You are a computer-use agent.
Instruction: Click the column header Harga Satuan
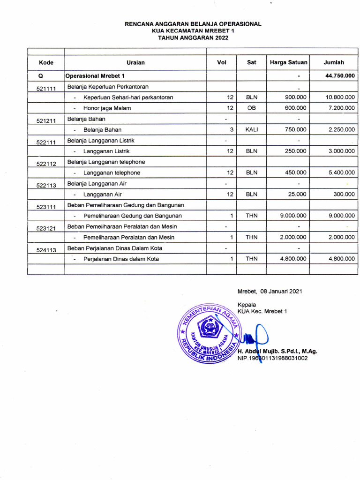[x=288, y=62]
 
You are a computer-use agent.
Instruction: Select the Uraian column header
[x=135, y=62]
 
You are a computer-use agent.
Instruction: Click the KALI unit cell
[x=251, y=130]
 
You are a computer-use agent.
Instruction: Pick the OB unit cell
[x=251, y=108]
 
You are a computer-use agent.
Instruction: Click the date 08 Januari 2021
[x=270, y=291]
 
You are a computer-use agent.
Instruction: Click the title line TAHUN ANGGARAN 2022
[x=193, y=38]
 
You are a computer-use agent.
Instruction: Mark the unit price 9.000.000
[x=293, y=216]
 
